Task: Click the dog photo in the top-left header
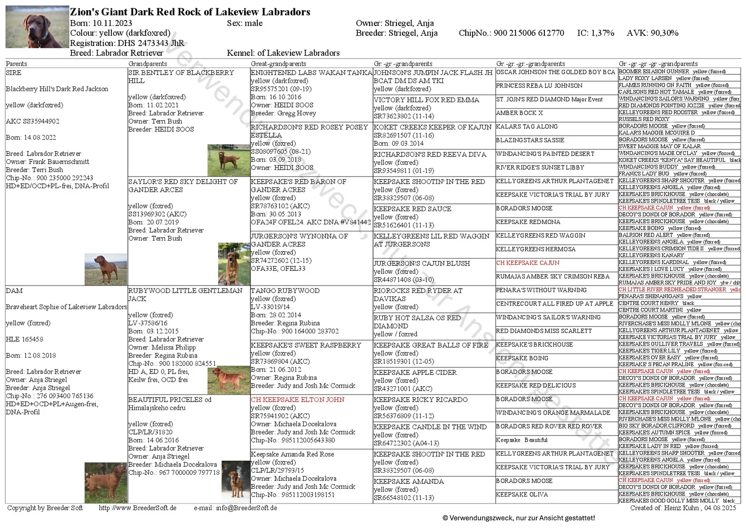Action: [37, 27]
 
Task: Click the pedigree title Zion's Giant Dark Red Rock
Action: [190, 12]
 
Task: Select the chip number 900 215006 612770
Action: [529, 33]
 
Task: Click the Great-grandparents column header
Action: [278, 64]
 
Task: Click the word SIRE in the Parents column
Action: [14, 72]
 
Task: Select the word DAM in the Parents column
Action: [14, 290]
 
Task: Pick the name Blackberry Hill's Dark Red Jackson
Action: [57, 89]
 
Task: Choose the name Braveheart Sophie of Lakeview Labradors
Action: [66, 307]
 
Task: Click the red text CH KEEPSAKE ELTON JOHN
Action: [298, 399]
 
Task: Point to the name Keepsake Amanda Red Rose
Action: [292, 454]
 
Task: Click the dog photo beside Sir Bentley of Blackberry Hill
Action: [228, 160]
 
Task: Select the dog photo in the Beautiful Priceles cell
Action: [105, 483]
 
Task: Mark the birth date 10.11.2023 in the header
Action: [112, 23]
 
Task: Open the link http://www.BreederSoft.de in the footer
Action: [138, 508]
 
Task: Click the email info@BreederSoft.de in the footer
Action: [247, 508]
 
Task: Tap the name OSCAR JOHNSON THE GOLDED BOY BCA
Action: [556, 72]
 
